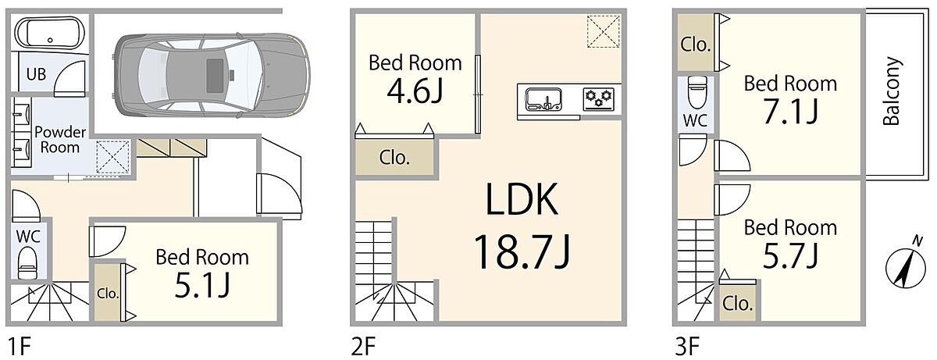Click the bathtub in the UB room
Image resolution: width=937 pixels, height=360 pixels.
click(50, 34)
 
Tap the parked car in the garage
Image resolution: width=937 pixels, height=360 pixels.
click(212, 75)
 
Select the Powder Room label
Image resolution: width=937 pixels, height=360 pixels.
click(60, 140)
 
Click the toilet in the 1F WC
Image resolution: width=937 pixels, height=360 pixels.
click(28, 263)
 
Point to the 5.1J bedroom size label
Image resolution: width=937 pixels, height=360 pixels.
click(202, 284)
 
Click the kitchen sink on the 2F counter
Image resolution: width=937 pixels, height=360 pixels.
click(543, 99)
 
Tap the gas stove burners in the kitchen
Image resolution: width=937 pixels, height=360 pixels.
click(599, 99)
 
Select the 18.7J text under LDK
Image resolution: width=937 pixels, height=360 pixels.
click(522, 251)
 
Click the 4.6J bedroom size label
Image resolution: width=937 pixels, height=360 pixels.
click(415, 91)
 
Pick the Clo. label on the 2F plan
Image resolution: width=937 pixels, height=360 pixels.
click(394, 158)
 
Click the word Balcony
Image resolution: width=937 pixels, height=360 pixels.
click(891, 91)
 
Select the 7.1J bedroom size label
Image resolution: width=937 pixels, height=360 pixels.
click(790, 112)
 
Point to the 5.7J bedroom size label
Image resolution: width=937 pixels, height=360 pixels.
click(790, 256)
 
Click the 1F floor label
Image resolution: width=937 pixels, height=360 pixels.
click(20, 347)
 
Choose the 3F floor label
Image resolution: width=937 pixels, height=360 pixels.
click(687, 347)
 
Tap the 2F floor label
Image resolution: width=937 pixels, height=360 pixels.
click(364, 347)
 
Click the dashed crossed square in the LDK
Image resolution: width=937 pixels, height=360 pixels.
click(603, 31)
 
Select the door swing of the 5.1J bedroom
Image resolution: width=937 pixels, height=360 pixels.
click(108, 241)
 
